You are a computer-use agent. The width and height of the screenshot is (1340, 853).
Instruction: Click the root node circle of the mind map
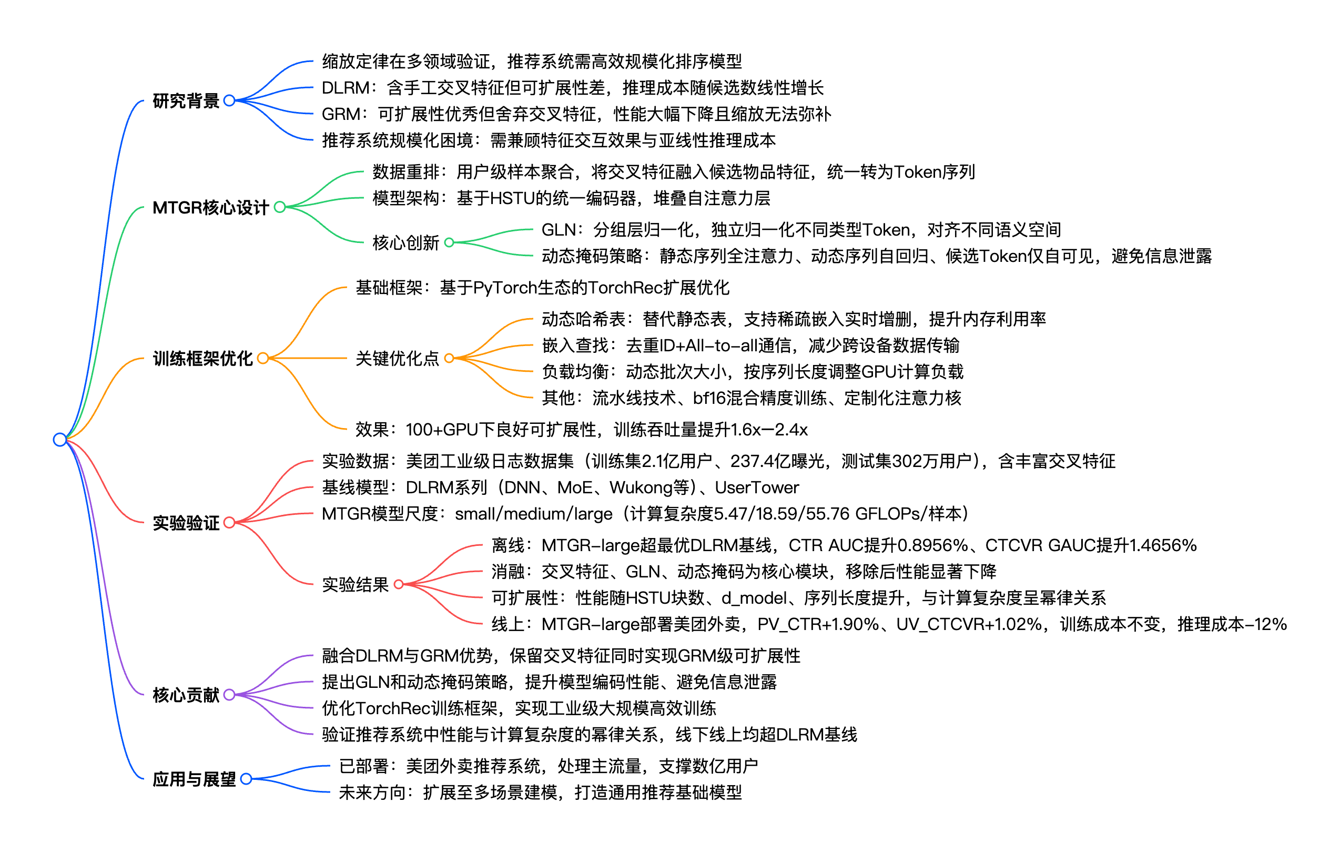59,440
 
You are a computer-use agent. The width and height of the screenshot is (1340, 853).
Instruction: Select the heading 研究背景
186,101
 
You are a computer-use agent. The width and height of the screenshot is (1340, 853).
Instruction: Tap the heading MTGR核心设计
210,208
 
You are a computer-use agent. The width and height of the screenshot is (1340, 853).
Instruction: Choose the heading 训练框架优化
202,358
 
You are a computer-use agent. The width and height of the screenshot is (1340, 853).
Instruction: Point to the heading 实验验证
186,523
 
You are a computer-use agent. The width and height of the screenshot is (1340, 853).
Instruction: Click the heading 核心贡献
186,695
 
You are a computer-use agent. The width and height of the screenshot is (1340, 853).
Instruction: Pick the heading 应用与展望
194,779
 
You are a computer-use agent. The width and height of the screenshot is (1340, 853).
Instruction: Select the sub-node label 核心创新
405,242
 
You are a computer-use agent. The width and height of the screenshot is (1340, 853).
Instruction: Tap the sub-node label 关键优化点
398,358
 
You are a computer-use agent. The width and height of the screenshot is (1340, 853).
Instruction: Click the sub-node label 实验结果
355,584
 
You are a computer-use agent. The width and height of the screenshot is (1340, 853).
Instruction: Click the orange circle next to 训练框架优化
263,358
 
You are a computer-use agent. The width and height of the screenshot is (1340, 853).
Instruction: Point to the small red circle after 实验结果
399,584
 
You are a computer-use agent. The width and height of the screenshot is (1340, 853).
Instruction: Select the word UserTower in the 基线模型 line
757,488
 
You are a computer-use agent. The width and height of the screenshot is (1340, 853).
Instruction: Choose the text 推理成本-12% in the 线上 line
1232,624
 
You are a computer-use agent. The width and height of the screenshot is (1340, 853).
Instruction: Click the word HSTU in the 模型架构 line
511,198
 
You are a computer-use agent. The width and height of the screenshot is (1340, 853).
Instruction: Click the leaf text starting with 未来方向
540,793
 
